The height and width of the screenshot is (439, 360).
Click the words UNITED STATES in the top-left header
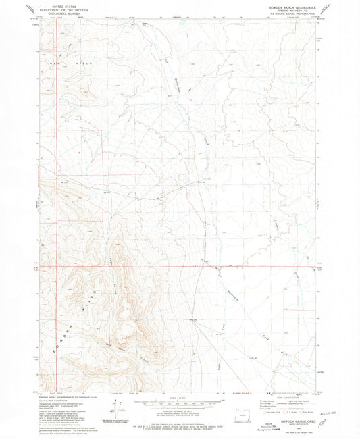[x=60, y=4]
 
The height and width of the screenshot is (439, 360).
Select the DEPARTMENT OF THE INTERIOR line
[x=60, y=7]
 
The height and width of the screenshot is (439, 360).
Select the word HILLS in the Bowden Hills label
[x=88, y=292]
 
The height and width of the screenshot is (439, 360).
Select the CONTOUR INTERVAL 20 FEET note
[x=180, y=410]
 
